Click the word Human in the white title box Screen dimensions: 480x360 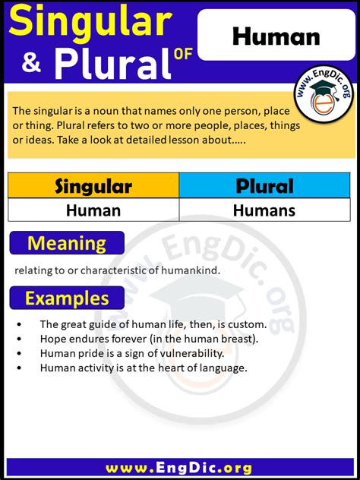(276, 36)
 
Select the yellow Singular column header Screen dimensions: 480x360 (93, 186)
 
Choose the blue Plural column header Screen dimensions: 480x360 (265, 186)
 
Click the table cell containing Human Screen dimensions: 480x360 (93, 210)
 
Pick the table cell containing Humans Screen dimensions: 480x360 (265, 210)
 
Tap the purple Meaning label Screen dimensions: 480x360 (67, 243)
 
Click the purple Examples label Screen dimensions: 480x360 (67, 298)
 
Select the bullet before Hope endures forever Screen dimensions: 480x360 (19, 339)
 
